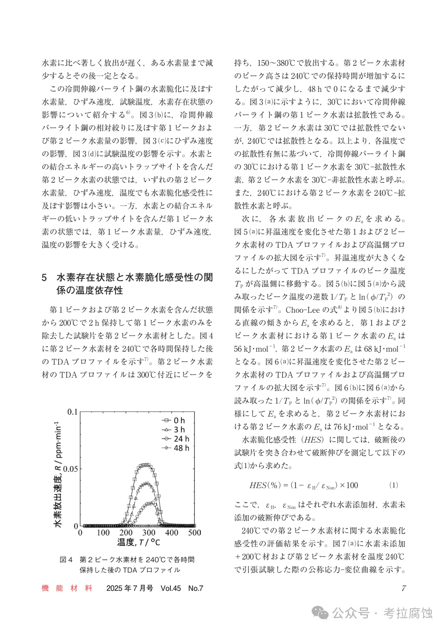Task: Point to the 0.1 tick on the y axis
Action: [72, 412]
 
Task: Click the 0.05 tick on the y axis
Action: [70, 469]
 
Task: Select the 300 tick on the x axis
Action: [149, 533]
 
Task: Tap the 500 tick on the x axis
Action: [195, 533]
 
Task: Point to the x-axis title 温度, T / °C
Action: [138, 542]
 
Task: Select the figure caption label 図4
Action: [66, 559]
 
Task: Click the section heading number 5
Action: [44, 277]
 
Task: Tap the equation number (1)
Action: [394, 485]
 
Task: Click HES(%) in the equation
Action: [265, 485]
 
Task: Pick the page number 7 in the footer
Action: [404, 588]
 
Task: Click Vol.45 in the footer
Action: [170, 588]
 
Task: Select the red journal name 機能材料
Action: [67, 588]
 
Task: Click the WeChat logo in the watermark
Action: [321, 613]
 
